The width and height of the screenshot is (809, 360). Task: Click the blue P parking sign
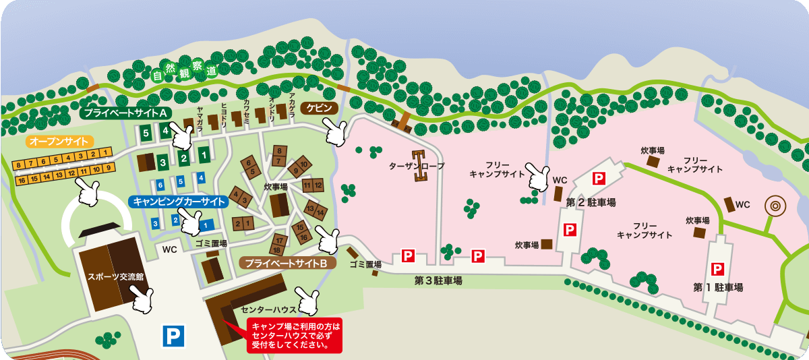click(173, 336)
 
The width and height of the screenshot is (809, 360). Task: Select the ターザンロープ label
click(416, 165)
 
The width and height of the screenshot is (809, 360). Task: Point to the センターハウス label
click(268, 309)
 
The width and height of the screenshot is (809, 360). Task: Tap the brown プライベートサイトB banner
click(287, 263)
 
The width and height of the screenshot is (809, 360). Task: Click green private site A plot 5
click(146, 133)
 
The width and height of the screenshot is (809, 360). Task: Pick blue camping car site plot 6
click(160, 184)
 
